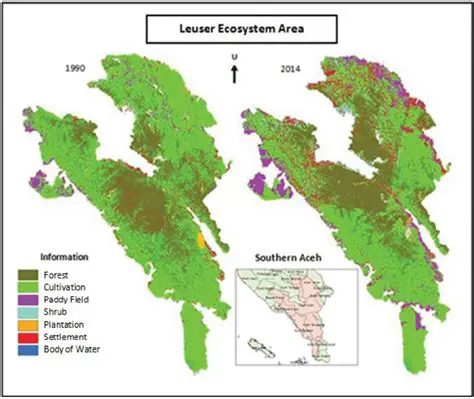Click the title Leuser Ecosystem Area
pyautogui.click(x=236, y=30)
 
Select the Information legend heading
pyautogui.click(x=64, y=254)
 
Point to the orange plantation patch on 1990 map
pyautogui.click(x=203, y=241)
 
